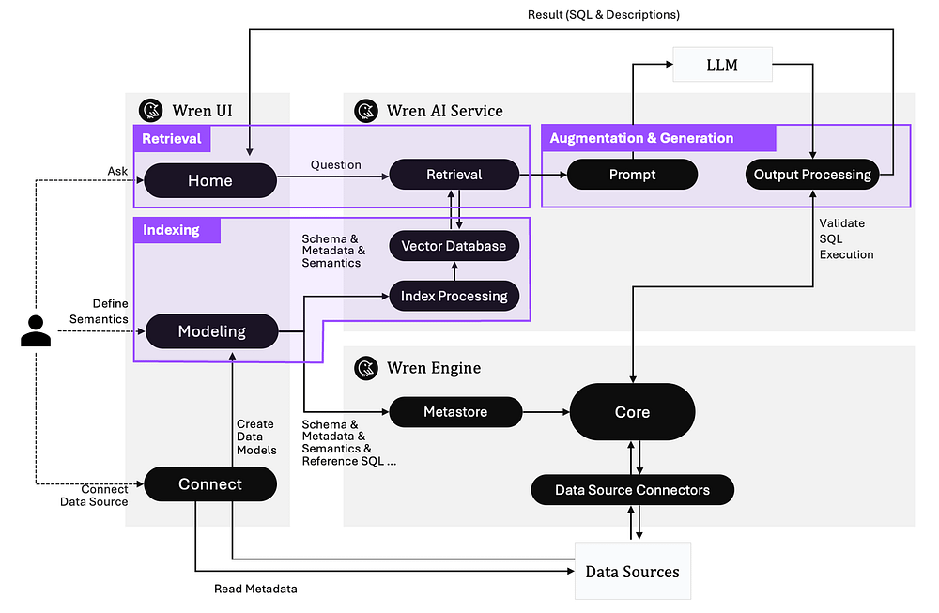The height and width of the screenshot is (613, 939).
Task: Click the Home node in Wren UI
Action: pyautogui.click(x=209, y=180)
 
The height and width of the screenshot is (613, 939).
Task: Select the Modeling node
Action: pyautogui.click(x=211, y=331)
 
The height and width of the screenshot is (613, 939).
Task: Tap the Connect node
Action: pyautogui.click(x=210, y=484)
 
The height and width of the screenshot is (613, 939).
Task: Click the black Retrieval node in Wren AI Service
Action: pyautogui.click(x=454, y=175)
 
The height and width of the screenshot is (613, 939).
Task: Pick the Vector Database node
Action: pyautogui.click(x=454, y=246)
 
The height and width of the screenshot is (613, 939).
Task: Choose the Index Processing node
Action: pyautogui.click(x=454, y=297)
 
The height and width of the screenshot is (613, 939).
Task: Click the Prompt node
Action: pyautogui.click(x=632, y=175)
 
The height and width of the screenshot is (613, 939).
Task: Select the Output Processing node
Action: pyautogui.click(x=812, y=175)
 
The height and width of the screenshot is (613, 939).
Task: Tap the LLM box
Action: pyautogui.click(x=722, y=65)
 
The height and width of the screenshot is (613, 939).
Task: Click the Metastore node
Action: pyautogui.click(x=454, y=412)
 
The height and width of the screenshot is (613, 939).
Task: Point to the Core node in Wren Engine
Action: pyautogui.click(x=632, y=412)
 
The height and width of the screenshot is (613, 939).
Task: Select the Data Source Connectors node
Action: pyautogui.click(x=632, y=490)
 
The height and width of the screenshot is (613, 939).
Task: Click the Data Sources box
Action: pyautogui.click(x=632, y=571)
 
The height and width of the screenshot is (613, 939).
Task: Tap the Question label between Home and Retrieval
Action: pyautogui.click(x=335, y=165)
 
